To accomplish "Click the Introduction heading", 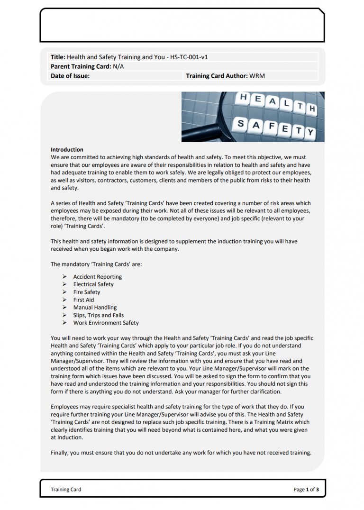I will pyautogui.click(x=67, y=149).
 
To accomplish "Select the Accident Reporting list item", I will pyautogui.click(x=97, y=277).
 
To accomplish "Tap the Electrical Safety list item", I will pyautogui.click(x=93, y=284).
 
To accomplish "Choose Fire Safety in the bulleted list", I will pyautogui.click(x=87, y=292).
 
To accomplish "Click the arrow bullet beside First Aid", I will pyautogui.click(x=64, y=300).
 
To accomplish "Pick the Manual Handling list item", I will pyautogui.click(x=95, y=308).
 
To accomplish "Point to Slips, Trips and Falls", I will pyautogui.click(x=98, y=315).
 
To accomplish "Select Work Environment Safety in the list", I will pyautogui.click(x=106, y=323).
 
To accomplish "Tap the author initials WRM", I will pyautogui.click(x=260, y=76).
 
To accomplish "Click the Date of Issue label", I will pyautogui.click(x=70, y=76).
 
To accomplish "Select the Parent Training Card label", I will pyautogui.click(x=81, y=67).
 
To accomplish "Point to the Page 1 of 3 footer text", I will pyautogui.click(x=306, y=490).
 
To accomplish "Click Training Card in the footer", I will pyautogui.click(x=66, y=490).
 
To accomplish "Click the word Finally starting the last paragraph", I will pyautogui.click(x=59, y=453).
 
